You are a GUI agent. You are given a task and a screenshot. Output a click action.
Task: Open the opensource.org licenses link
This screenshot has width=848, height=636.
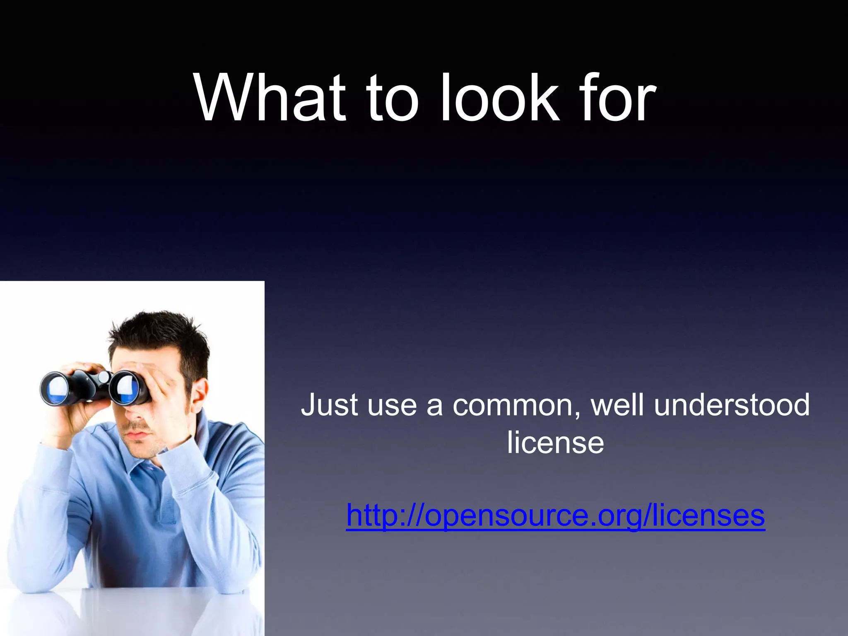(x=555, y=515)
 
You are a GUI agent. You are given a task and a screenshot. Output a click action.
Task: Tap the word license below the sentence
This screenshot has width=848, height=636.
(x=555, y=442)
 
